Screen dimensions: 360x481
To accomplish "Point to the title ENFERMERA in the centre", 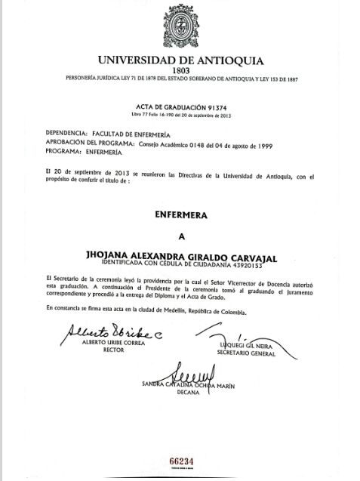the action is click(180, 215).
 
